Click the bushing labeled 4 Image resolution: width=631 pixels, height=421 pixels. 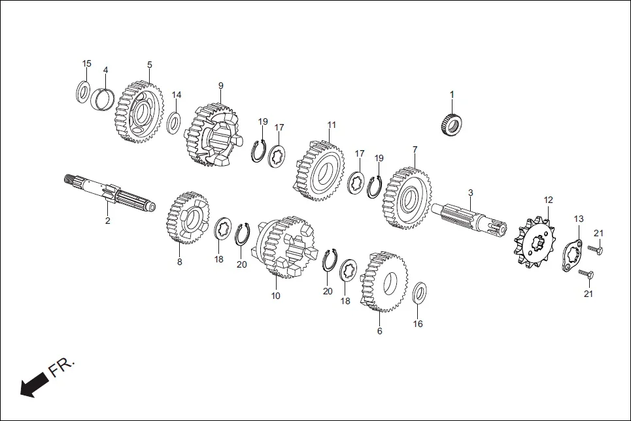click(104, 99)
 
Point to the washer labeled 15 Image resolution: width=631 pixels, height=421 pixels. click(84, 91)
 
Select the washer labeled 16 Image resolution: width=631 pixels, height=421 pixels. click(420, 293)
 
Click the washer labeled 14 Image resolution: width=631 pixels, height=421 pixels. click(174, 123)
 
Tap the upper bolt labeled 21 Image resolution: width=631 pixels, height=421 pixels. click(595, 249)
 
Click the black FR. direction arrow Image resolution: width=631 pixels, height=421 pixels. click(29, 387)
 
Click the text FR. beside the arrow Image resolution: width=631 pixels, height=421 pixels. click(61, 367)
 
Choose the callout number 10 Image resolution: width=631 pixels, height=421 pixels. click(275, 296)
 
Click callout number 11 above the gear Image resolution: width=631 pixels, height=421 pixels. click(332, 124)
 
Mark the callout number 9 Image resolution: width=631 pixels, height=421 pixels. click(220, 86)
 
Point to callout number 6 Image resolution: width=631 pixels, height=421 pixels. click(379, 331)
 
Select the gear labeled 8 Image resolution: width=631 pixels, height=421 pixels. click(188, 218)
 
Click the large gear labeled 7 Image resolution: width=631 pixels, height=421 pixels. click(407, 198)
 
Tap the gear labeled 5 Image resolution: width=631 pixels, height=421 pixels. click(139, 112)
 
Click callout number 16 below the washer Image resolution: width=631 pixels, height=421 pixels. click(418, 324)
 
